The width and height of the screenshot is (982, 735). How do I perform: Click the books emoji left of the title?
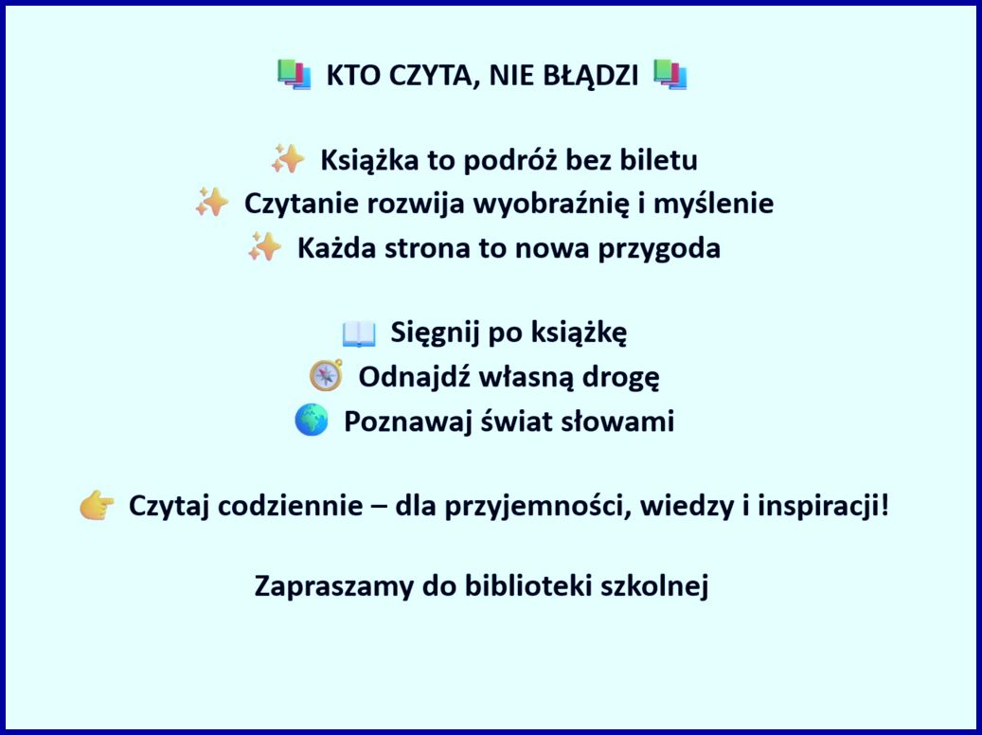click(295, 75)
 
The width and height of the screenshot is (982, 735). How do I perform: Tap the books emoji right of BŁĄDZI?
click(670, 75)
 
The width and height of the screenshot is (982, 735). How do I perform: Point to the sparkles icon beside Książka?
click(288, 159)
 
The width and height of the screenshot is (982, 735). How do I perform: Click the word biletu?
click(659, 160)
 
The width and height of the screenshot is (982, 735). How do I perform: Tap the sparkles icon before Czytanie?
click(212, 203)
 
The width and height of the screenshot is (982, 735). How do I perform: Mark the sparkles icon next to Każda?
click(264, 247)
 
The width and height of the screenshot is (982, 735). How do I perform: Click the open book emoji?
click(359, 333)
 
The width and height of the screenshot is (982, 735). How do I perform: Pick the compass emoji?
click(327, 375)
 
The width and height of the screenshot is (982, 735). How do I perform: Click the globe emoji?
click(312, 420)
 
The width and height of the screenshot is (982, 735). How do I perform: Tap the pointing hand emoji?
click(98, 506)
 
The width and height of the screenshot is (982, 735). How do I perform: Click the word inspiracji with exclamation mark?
click(823, 507)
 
